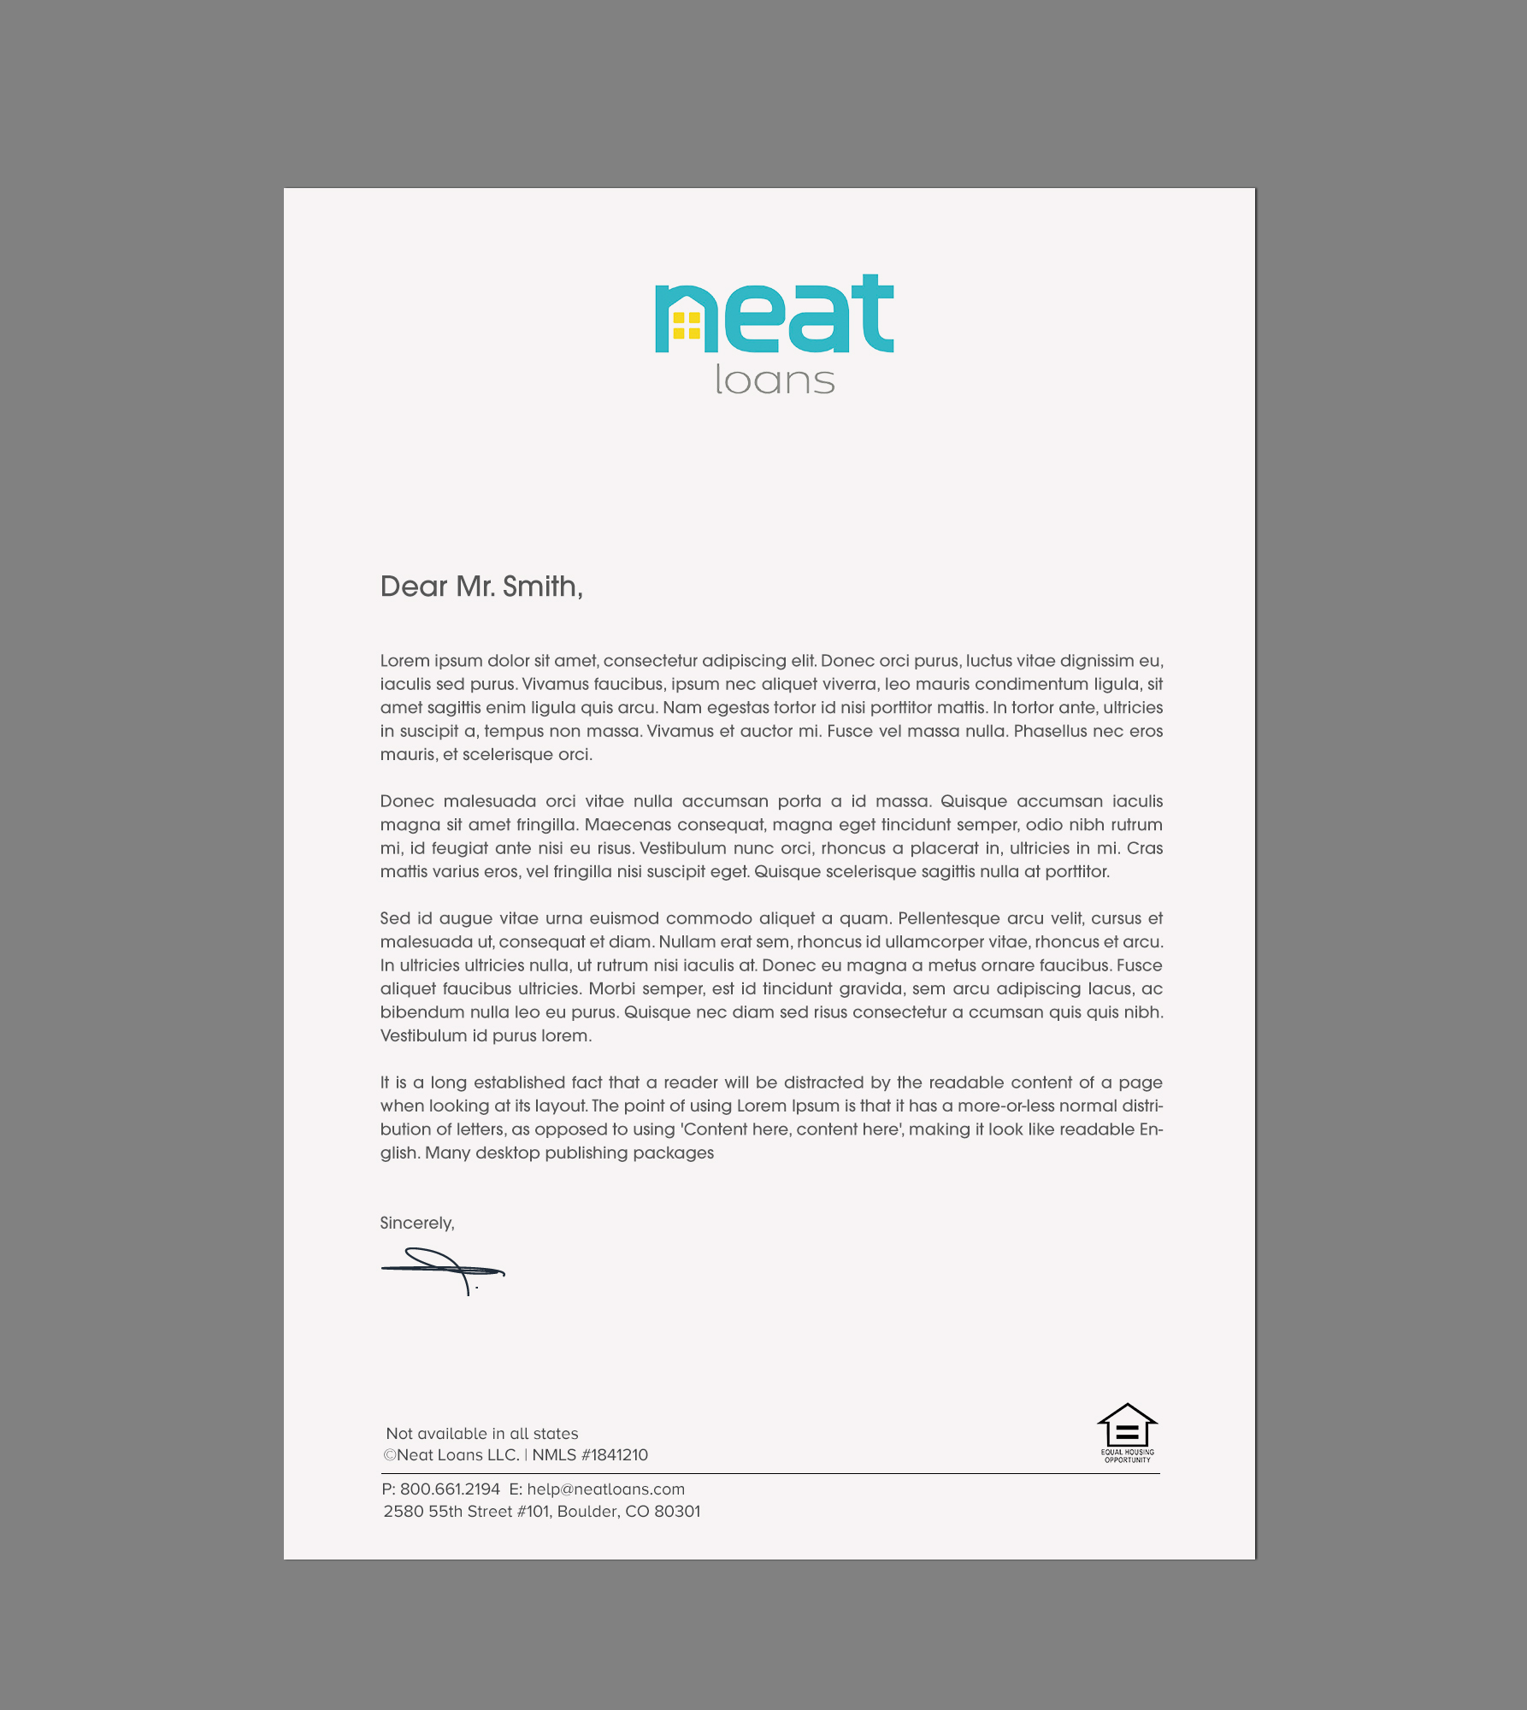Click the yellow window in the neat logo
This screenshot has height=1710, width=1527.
pyautogui.click(x=687, y=326)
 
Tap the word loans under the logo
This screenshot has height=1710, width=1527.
pyautogui.click(x=775, y=380)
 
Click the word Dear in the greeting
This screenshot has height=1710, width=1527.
pyautogui.click(x=414, y=587)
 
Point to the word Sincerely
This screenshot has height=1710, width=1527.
pyautogui.click(x=416, y=1223)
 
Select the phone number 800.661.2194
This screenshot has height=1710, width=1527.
pyautogui.click(x=450, y=1489)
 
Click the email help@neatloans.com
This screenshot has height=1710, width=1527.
pyautogui.click(x=605, y=1489)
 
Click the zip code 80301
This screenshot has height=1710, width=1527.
pyautogui.click(x=677, y=1511)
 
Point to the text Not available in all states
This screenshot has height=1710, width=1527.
pyautogui.click(x=482, y=1433)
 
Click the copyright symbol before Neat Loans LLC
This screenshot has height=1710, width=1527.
pyautogui.click(x=390, y=1455)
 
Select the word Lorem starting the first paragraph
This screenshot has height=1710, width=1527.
pyautogui.click(x=404, y=661)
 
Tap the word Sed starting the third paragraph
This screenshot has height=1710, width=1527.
pyautogui.click(x=395, y=918)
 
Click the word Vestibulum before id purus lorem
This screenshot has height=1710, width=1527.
pyautogui.click(x=423, y=1035)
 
